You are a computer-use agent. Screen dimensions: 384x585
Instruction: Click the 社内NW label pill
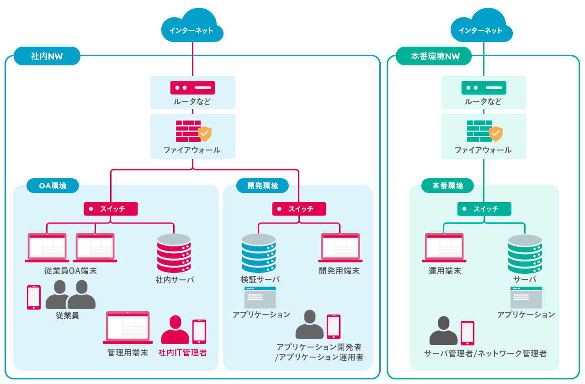pos(47,56)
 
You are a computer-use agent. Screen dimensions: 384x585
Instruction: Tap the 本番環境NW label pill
pos(434,56)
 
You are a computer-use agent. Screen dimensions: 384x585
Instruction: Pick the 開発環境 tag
pos(262,186)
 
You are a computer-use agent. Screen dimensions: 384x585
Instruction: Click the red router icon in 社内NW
pos(192,87)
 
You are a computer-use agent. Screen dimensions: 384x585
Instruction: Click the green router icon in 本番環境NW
pos(484,87)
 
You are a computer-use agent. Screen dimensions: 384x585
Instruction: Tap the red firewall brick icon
pos(188,131)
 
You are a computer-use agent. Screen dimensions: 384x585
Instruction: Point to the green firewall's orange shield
pos(496,134)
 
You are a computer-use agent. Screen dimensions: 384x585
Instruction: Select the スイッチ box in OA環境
pos(111,209)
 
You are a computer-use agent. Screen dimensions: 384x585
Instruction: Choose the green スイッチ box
pos(484,209)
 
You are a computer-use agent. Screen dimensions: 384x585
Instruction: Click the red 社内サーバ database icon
pos(174,253)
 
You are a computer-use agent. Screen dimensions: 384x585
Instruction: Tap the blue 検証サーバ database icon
pos(259,253)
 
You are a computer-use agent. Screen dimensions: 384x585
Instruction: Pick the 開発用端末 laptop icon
pos(340,247)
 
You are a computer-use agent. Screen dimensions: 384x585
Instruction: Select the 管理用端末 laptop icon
pos(128,328)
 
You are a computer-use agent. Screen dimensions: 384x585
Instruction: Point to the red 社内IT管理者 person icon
pos(175,330)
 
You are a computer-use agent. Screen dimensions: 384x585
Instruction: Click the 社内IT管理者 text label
pos(182,353)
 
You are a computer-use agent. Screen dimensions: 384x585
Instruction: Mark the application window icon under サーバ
pos(526,298)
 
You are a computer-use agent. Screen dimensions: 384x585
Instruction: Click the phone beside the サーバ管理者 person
pos(467,333)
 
